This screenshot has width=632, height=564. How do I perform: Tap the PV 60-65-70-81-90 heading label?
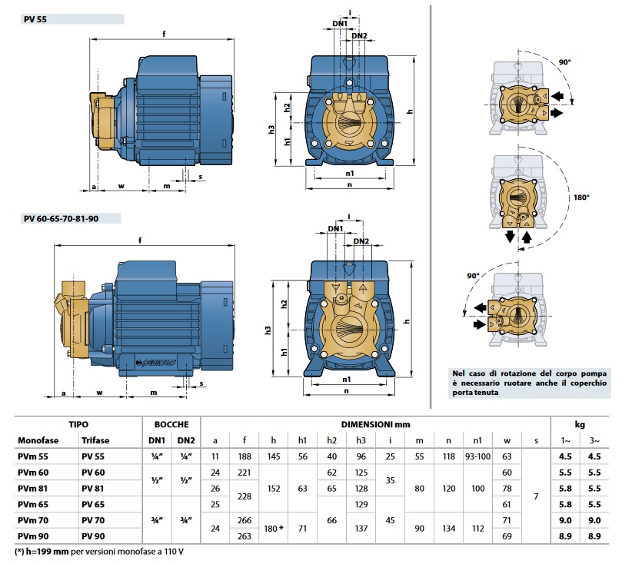(x=61, y=219)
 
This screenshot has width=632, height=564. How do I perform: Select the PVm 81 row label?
(x=33, y=487)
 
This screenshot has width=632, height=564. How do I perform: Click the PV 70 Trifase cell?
(x=93, y=519)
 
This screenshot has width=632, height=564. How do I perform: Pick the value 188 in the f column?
(x=245, y=456)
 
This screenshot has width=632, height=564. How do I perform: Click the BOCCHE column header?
(x=171, y=423)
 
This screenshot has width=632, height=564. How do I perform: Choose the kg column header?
(x=579, y=423)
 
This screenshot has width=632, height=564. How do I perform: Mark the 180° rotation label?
(x=581, y=197)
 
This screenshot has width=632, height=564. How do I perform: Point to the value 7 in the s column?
(x=536, y=496)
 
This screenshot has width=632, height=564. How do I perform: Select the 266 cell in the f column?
(x=245, y=519)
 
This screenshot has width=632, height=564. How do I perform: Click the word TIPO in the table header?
(x=78, y=423)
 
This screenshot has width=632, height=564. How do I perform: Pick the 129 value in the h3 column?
(x=361, y=503)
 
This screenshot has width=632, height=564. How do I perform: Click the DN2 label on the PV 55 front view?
(x=359, y=35)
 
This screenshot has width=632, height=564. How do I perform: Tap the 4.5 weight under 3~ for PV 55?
(x=594, y=456)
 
